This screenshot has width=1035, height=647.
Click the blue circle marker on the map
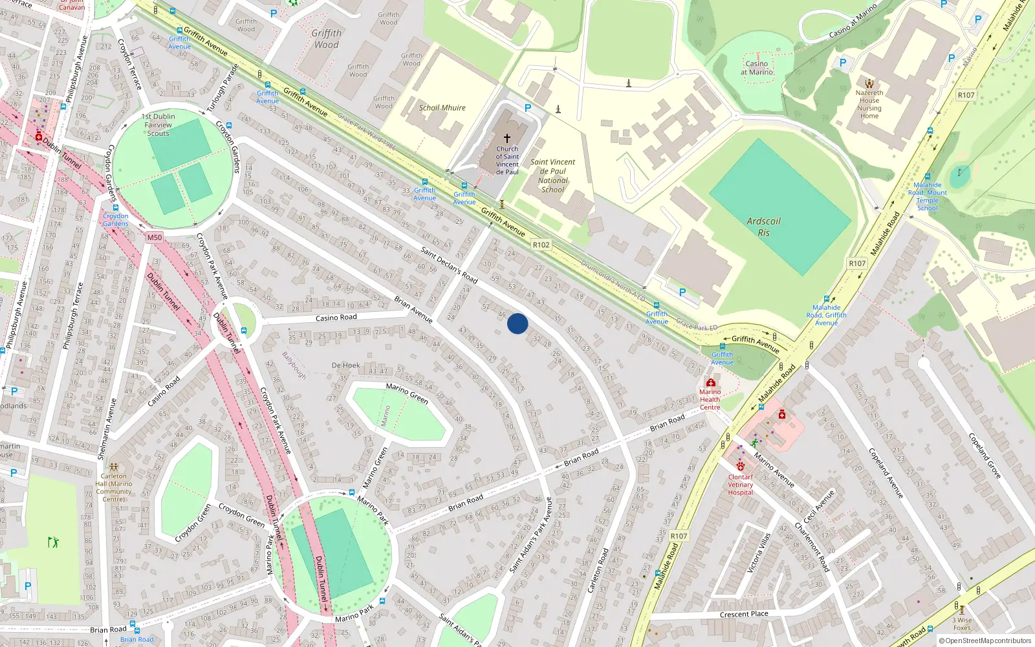[x=517, y=323]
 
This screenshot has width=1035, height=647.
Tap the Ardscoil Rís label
[x=763, y=226]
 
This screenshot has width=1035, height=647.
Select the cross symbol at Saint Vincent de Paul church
[x=507, y=138]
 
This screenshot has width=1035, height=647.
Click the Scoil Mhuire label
[x=442, y=108]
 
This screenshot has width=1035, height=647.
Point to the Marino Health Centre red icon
[x=710, y=382]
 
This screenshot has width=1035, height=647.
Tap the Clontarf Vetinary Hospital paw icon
[x=740, y=466]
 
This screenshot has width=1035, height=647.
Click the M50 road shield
[x=154, y=237]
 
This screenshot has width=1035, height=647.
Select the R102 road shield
[x=541, y=245]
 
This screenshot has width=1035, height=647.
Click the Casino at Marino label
[x=756, y=68]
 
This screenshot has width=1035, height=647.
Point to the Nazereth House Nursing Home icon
[x=869, y=83]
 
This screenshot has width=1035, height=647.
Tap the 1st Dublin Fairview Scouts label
[x=158, y=125]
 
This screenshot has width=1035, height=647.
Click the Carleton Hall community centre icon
[x=114, y=466]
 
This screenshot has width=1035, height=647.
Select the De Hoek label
[x=345, y=366]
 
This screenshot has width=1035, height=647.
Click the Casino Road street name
[x=336, y=318]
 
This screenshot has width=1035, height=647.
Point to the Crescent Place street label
[x=744, y=614]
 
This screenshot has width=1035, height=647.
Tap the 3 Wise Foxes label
[x=962, y=624]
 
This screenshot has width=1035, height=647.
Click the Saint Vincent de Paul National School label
[x=552, y=176]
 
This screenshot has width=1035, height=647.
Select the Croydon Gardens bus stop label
[x=116, y=220]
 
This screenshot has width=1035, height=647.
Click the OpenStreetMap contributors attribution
[x=986, y=641]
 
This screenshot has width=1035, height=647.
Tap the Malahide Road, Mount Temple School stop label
[x=927, y=197]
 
